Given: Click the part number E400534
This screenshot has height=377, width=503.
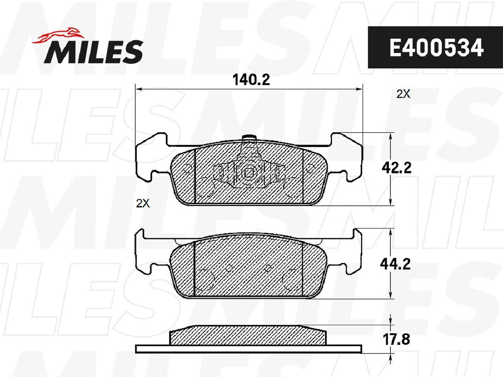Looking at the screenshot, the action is pyautogui.click(x=436, y=48).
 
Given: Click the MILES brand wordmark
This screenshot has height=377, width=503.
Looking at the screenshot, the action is pyautogui.click(x=94, y=52).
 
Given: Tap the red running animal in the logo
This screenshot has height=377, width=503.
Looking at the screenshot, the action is pyautogui.click(x=57, y=35).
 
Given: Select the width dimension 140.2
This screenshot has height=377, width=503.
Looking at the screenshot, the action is pyautogui.click(x=251, y=79).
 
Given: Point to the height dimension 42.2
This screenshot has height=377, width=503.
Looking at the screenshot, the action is pyautogui.click(x=396, y=168).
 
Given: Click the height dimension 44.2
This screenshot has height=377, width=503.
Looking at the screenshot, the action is pyautogui.click(x=395, y=264).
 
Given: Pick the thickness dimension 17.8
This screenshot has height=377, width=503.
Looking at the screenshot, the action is pyautogui.click(x=397, y=339).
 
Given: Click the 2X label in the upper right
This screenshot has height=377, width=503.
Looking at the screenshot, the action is pyautogui.click(x=403, y=94).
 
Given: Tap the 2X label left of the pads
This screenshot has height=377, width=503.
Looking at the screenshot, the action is pyautogui.click(x=143, y=203).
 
